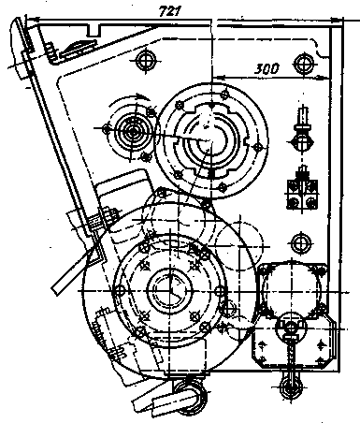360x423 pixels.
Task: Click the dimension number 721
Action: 170,11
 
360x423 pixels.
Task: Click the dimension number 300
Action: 266,68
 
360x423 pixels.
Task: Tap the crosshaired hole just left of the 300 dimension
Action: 145,61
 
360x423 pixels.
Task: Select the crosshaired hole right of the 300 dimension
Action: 303,65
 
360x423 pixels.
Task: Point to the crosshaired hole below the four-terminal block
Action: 300,242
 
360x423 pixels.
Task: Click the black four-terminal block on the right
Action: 302,194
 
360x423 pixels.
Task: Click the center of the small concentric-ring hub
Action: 133,132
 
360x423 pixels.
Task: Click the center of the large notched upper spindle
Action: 211,142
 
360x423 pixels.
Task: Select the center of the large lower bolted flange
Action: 170,291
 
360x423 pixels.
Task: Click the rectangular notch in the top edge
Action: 93,30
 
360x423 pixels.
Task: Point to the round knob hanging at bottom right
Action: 291,387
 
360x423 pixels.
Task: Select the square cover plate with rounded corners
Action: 292,290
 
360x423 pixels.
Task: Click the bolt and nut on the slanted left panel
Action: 108,216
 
